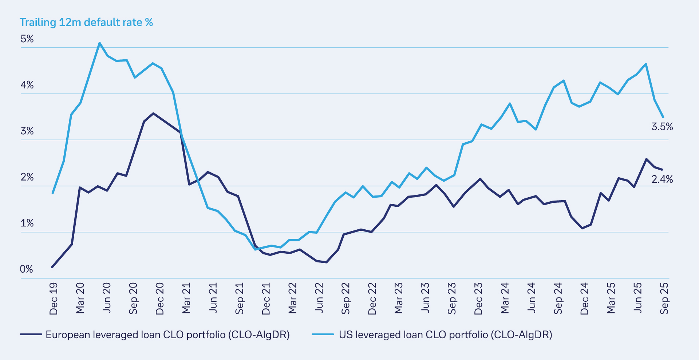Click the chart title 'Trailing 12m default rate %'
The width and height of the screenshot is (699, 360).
click(x=86, y=23)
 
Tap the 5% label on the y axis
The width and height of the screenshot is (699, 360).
click(x=27, y=39)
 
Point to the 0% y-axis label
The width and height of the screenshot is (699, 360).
click(x=27, y=269)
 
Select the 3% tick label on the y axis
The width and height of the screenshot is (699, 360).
click(x=27, y=131)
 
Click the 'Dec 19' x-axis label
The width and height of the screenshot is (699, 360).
click(x=54, y=299)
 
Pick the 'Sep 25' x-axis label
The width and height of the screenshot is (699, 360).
click(x=664, y=299)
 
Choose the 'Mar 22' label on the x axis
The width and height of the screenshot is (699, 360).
click(x=293, y=298)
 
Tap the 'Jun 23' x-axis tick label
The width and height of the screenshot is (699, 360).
click(x=425, y=298)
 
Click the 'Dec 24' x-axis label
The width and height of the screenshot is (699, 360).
click(x=585, y=299)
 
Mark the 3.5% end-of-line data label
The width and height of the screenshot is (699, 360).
click(x=662, y=127)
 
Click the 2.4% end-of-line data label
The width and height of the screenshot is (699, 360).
click(x=662, y=179)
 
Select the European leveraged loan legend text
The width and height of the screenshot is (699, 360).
click(x=167, y=335)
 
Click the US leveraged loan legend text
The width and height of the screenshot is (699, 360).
click(x=445, y=335)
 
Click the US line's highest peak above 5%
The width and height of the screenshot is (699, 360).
click(x=99, y=43)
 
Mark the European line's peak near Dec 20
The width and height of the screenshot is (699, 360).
click(x=153, y=113)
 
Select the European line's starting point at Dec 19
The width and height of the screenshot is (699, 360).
click(x=52, y=267)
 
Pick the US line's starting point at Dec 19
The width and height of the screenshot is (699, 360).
click(x=53, y=193)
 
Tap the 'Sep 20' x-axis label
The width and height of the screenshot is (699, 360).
click(x=133, y=299)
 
